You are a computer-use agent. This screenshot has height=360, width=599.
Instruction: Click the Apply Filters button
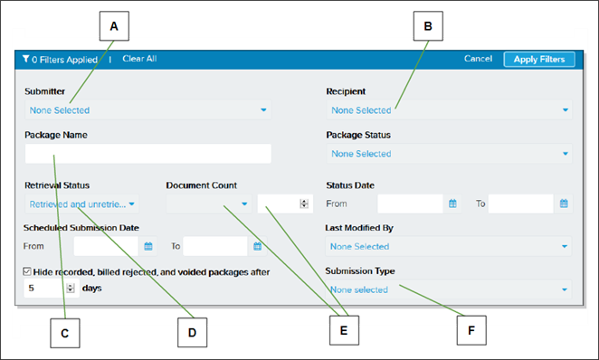click(x=538, y=59)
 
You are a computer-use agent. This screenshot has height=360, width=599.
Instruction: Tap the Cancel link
click(x=478, y=59)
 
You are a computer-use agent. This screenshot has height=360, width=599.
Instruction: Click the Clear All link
click(x=139, y=59)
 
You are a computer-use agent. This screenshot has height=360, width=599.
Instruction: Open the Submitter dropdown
click(x=148, y=110)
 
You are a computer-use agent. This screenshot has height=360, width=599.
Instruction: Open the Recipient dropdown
click(x=449, y=110)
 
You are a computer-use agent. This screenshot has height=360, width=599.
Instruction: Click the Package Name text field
click(x=148, y=154)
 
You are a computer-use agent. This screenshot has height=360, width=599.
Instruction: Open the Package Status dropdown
click(x=449, y=154)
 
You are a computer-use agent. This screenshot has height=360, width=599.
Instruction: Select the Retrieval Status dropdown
click(x=82, y=204)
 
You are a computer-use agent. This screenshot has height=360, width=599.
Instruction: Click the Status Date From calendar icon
click(x=452, y=204)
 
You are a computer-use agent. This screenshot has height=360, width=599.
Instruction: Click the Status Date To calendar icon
click(x=564, y=204)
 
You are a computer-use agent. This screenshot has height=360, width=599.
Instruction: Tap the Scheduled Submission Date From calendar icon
click(x=147, y=246)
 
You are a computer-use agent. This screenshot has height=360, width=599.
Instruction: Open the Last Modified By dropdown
click(x=449, y=246)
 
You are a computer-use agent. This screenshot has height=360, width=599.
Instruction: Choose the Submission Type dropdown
click(x=449, y=289)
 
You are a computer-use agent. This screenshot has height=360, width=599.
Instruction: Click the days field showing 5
click(x=45, y=289)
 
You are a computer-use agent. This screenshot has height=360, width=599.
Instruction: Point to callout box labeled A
click(x=113, y=26)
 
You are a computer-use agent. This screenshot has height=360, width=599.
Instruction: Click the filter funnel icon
click(x=26, y=60)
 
